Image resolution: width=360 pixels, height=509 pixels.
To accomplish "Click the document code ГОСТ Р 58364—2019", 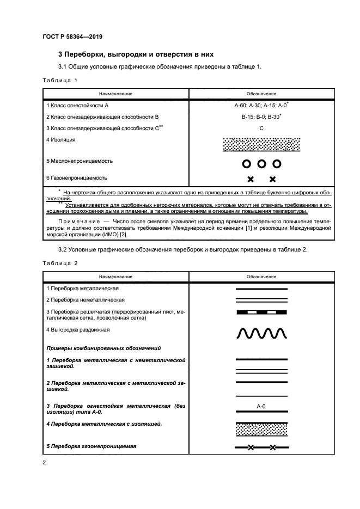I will pos(72,37).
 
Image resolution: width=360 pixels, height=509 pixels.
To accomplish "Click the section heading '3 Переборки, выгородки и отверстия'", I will pos(136,54).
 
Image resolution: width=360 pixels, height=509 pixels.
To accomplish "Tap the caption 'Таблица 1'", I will pos(60,80).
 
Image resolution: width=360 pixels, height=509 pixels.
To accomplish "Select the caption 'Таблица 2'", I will pos(60,263).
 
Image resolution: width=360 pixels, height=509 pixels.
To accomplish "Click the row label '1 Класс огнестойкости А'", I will pos(78,105).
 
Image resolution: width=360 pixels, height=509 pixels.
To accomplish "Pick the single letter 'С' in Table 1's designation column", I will pos(261,128).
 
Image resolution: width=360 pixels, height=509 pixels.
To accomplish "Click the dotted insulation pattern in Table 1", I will pos(261,144).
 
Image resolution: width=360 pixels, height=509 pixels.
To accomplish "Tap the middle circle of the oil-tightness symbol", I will pos(261,163).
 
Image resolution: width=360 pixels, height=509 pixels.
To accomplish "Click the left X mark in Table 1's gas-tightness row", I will pos(251,179).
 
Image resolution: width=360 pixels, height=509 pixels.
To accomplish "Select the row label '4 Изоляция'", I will pos(61,140).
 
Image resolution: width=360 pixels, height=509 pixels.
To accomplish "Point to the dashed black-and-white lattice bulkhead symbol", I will pos(261,312).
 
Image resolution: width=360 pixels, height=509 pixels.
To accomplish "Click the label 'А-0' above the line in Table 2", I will pos(261,406).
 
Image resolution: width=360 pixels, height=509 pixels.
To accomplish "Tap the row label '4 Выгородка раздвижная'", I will pos(78,329).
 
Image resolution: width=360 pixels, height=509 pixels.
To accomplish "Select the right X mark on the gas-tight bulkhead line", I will pos(273,448).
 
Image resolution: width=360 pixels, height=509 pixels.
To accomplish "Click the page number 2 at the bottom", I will pos(45,463).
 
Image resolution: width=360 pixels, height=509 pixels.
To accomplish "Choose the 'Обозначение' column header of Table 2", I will pos(261,277).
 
